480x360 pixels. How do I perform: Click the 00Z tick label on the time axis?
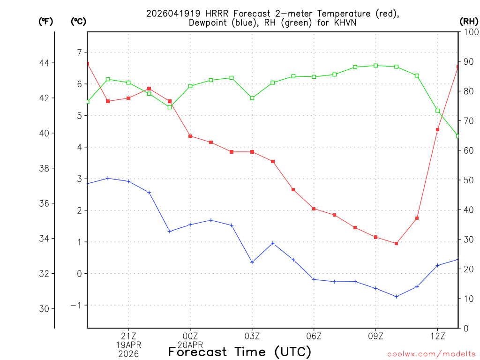point(190,336)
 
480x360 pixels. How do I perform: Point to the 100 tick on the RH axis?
point(470,32)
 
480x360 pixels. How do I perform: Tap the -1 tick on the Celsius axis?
point(76,305)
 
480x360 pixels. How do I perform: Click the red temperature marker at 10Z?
point(396,243)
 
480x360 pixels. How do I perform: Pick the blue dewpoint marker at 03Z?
point(252,262)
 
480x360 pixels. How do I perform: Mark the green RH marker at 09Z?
point(375,66)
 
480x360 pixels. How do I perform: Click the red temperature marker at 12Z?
point(437,129)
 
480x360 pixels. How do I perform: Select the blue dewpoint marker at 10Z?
point(396,296)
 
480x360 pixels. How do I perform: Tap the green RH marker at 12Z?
point(437,111)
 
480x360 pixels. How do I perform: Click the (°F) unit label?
point(45,21)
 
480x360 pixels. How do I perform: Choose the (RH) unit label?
point(469,21)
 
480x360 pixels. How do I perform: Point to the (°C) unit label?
point(78,21)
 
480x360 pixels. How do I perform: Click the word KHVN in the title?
point(343,22)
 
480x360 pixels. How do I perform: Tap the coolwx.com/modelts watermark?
point(431,353)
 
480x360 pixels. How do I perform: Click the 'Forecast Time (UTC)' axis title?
point(240,352)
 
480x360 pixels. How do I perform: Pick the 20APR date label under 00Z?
point(190,345)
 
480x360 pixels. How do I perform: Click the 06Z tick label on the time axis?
point(314,336)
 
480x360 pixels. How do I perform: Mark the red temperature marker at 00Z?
point(190,136)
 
